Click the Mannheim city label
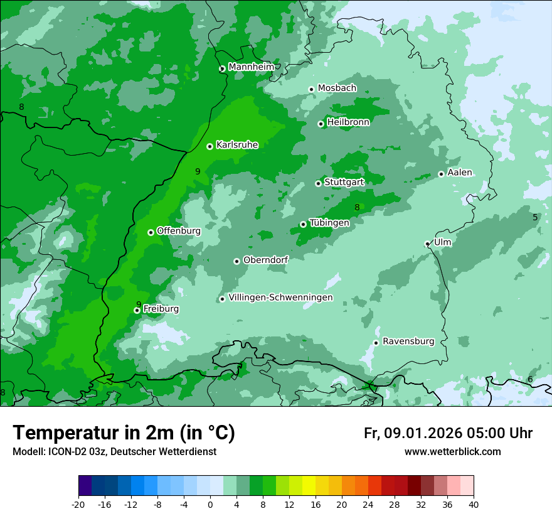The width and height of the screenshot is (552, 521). pos(252,67)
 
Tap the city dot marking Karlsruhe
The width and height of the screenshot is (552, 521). pos(210,147)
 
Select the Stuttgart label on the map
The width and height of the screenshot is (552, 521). pos(344,182)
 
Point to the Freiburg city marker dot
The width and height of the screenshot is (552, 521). pos(137,310)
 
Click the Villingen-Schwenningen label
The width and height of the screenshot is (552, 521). pos(280,298)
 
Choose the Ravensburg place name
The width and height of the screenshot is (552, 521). pos(408,341)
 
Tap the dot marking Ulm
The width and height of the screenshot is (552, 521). pos(427,244)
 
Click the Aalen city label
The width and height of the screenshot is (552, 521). pos(459,173)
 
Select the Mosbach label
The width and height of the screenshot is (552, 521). pos(337,88)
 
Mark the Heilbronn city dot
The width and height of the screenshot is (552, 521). pos(321,124)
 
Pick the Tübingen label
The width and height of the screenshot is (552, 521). pos(329,223)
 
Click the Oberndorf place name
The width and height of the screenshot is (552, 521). pos(265,260)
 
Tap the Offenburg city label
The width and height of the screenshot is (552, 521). pos(178,231)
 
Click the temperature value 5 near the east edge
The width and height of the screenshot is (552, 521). pos(535,217)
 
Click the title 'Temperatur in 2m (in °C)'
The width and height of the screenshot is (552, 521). pos(124,433)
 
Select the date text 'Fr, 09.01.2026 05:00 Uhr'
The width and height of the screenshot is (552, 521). pos(448,433)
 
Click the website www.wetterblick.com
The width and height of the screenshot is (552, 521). pos(452,452)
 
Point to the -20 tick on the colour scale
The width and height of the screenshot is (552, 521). pos(78,504)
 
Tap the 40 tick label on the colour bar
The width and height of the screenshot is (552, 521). pos(473,504)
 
